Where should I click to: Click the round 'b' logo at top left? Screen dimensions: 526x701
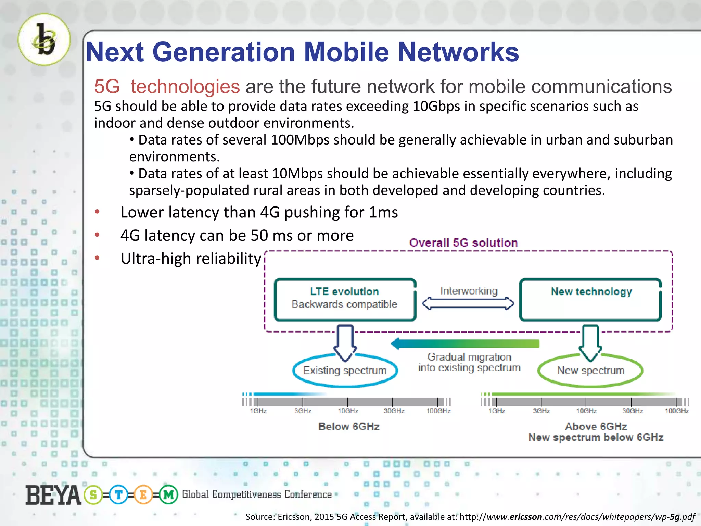pos(44,39)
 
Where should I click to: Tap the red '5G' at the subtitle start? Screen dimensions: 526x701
pos(107,86)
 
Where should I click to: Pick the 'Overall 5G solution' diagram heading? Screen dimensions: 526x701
pos(463,243)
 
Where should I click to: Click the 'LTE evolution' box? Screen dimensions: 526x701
pos(345,299)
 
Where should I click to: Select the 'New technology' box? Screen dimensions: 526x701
pos(590,299)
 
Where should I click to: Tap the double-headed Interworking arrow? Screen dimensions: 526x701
pos(468,303)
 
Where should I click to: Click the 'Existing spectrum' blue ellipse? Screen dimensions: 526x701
pos(345,371)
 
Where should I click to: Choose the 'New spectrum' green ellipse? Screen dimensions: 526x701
pos(590,371)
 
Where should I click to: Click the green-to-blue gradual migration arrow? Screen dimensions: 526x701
pos(466,343)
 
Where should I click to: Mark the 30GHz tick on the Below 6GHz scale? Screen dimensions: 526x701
pos(392,402)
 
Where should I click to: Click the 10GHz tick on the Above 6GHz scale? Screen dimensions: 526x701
pos(586,402)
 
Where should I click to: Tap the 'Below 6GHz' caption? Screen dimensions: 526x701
pos(349,427)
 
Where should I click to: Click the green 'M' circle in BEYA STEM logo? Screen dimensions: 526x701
pos(168,495)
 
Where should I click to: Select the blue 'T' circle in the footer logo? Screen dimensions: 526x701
pos(118,495)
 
